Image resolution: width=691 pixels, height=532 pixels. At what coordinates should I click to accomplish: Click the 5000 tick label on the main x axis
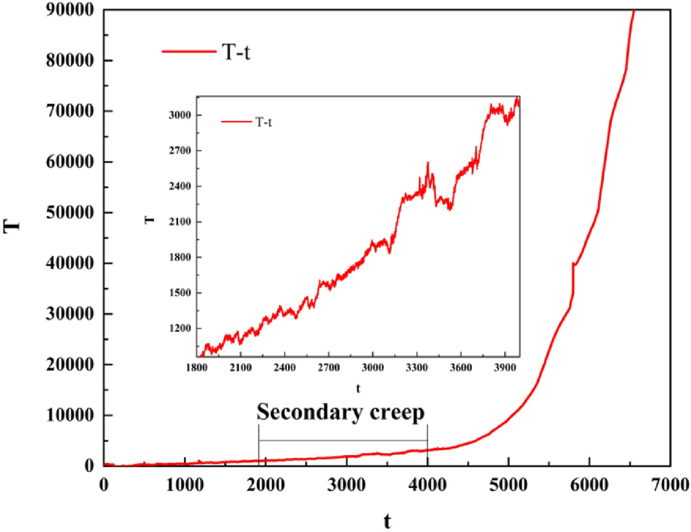tap(509, 484)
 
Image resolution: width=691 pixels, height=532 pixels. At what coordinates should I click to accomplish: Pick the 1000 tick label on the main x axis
tap(185, 484)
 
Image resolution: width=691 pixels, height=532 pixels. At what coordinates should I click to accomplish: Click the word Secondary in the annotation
tap(306, 413)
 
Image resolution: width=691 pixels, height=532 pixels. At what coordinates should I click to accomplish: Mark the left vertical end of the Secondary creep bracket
tap(259, 441)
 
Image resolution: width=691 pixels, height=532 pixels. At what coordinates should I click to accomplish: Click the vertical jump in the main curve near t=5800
tap(572, 278)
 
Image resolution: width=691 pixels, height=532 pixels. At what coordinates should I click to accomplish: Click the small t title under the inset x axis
tap(358, 387)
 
